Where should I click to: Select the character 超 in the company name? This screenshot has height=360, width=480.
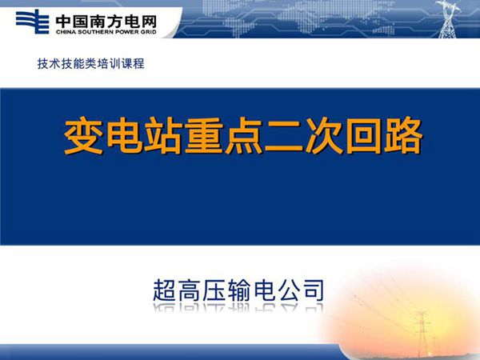point(166,289)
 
